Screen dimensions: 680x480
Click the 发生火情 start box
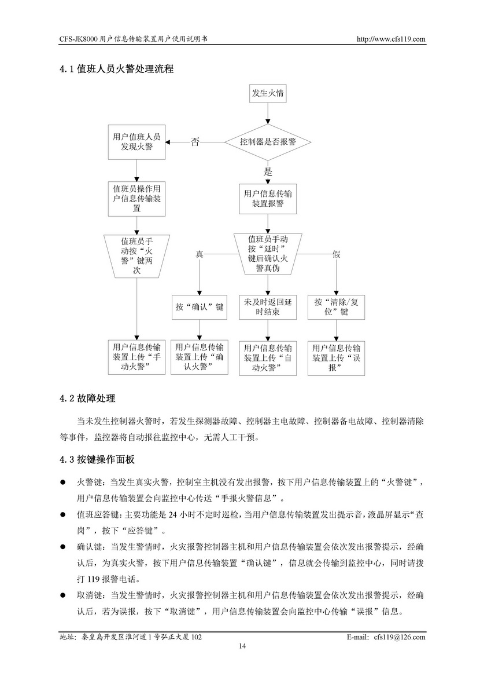pos(267,94)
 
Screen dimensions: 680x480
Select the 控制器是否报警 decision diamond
pos(268,142)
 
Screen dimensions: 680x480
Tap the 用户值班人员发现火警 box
pos(137,142)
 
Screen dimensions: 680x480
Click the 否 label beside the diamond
pos(195,142)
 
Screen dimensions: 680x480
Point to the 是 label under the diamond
pos(268,171)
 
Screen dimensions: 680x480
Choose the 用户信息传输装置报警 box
pos(268,199)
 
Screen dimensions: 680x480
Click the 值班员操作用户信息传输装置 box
pos(137,199)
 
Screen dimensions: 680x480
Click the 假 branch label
pos(336,255)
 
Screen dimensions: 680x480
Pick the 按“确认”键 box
pos(200,307)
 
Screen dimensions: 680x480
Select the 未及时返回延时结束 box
pos(268,307)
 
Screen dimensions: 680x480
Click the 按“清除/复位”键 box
pos(336,307)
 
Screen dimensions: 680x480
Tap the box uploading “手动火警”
pos(136,357)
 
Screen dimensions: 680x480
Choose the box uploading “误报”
pos(336,358)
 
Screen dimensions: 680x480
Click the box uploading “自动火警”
pos(268,358)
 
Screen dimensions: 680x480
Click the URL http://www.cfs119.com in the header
pos(392,39)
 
